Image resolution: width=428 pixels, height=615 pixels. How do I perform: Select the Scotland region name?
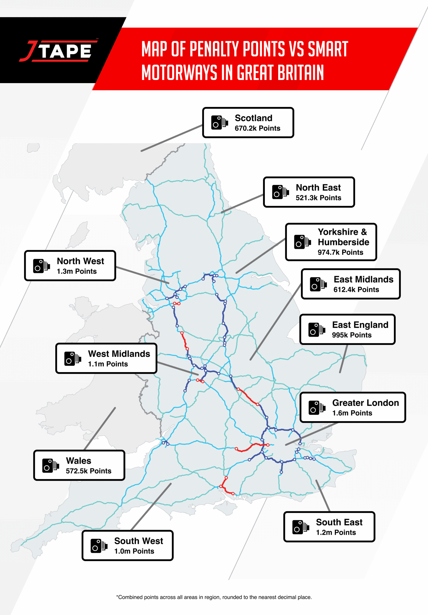(x=254, y=118)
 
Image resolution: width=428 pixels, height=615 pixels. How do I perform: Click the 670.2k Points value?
(x=257, y=128)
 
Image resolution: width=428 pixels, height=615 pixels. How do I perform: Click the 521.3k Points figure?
(x=318, y=198)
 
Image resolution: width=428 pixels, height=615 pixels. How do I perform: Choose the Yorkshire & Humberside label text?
(x=343, y=237)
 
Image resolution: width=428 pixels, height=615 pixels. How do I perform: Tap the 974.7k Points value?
(x=340, y=252)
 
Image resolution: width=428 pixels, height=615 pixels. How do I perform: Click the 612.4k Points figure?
(x=356, y=289)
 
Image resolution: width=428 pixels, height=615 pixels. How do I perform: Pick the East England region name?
(x=360, y=325)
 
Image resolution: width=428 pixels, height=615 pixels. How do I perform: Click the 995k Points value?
(x=352, y=335)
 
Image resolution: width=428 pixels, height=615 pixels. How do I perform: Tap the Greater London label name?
(x=366, y=403)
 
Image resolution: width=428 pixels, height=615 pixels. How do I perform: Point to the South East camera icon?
(x=300, y=527)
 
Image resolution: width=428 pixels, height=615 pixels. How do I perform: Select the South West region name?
(x=139, y=541)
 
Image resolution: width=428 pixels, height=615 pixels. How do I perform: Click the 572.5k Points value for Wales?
(x=88, y=471)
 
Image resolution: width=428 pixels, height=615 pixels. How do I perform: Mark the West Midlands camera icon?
(x=72, y=358)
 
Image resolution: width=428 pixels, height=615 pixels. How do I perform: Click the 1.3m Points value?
(x=77, y=271)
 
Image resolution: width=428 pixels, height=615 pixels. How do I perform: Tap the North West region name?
(x=81, y=261)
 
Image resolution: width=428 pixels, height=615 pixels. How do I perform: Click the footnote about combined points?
(x=214, y=597)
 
